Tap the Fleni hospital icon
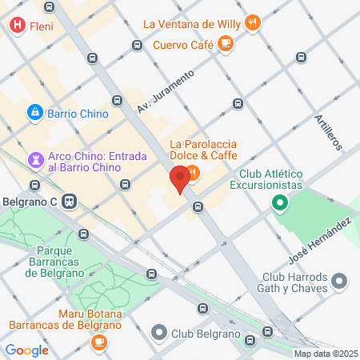click(x=17, y=26)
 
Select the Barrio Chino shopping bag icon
click(x=35, y=114)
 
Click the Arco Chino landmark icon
click(x=35, y=160)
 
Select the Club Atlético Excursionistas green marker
click(x=279, y=202)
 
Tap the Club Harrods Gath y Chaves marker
click(x=339, y=280)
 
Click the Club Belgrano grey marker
click(x=160, y=331)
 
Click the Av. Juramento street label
click(x=165, y=92)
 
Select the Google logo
click(x=26, y=350)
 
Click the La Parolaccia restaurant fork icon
click(x=193, y=172)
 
